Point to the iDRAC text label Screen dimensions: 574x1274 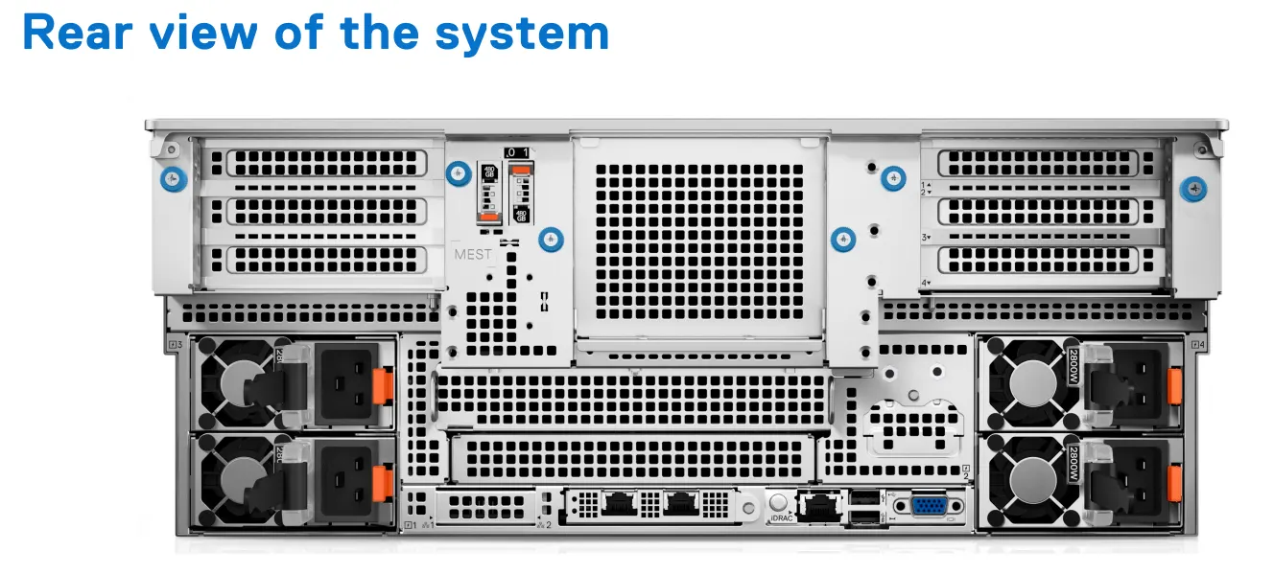pos(780,518)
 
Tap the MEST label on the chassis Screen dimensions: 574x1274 pos(473,254)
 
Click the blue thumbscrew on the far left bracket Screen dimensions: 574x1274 pos(173,177)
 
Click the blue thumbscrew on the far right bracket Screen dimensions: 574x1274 pos(1193,189)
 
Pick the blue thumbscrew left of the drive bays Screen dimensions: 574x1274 pos(460,172)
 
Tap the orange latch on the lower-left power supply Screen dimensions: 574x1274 pos(384,478)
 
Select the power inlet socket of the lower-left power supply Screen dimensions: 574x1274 pos(343,478)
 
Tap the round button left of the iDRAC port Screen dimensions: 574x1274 pos(779,500)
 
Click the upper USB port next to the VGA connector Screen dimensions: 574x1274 pos(862,497)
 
